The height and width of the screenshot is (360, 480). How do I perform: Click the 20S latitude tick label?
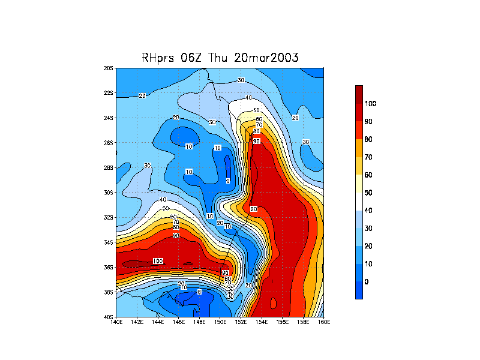(x=109, y=68)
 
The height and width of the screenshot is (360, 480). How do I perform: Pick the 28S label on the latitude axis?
(x=109, y=168)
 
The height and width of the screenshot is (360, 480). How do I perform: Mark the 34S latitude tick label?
(x=109, y=242)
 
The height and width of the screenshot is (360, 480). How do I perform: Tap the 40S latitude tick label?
(x=109, y=317)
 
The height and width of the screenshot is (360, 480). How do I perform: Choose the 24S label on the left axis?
(x=109, y=118)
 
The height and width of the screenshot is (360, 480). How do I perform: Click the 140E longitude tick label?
(x=116, y=322)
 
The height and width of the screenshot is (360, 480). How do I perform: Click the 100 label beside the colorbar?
(x=370, y=103)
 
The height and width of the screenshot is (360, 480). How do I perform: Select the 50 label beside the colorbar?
(x=368, y=192)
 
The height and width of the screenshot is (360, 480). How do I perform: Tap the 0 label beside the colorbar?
(x=367, y=281)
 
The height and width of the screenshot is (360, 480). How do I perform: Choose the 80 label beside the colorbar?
(x=368, y=139)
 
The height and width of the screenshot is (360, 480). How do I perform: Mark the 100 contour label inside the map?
(x=158, y=261)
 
